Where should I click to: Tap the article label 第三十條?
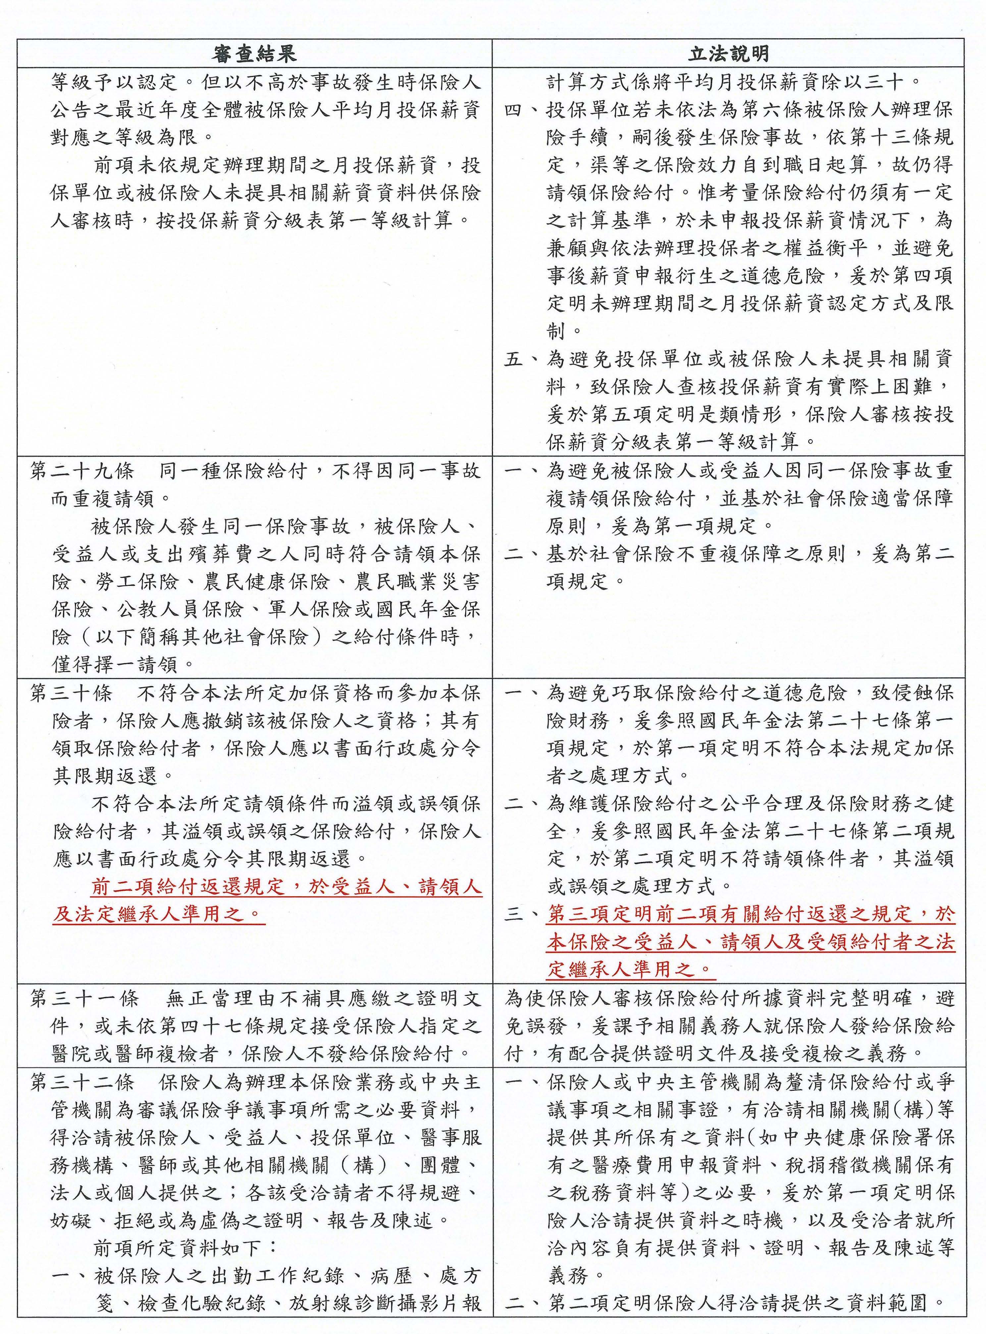[x=71, y=694]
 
